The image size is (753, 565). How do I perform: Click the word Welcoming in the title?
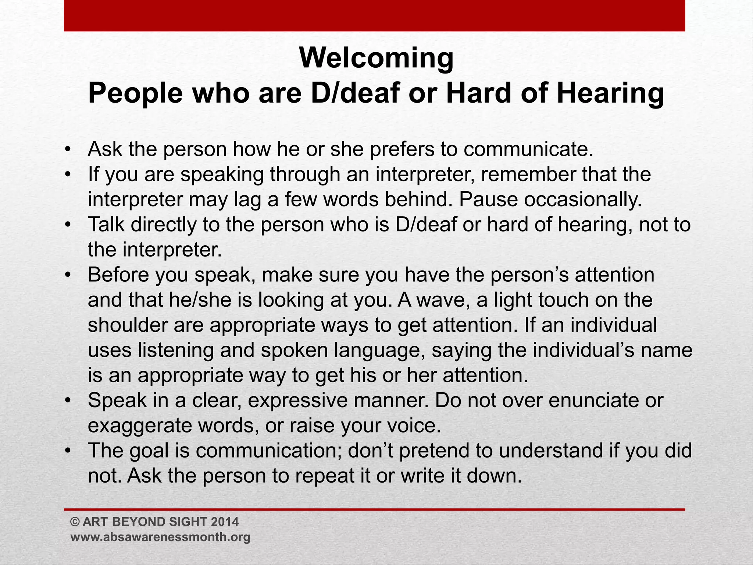point(376,58)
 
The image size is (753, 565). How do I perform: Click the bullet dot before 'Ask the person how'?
point(67,150)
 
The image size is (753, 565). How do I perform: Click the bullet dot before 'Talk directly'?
point(67,225)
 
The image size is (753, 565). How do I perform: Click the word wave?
point(440,300)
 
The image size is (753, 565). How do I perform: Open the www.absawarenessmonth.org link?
point(160,537)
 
